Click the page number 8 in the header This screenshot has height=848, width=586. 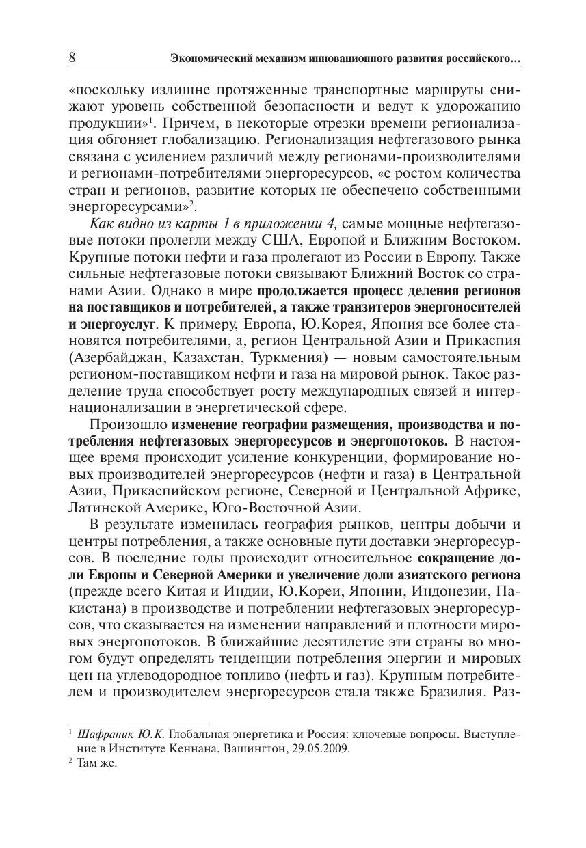coord(72,59)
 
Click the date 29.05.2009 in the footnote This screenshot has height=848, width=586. coord(322,748)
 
